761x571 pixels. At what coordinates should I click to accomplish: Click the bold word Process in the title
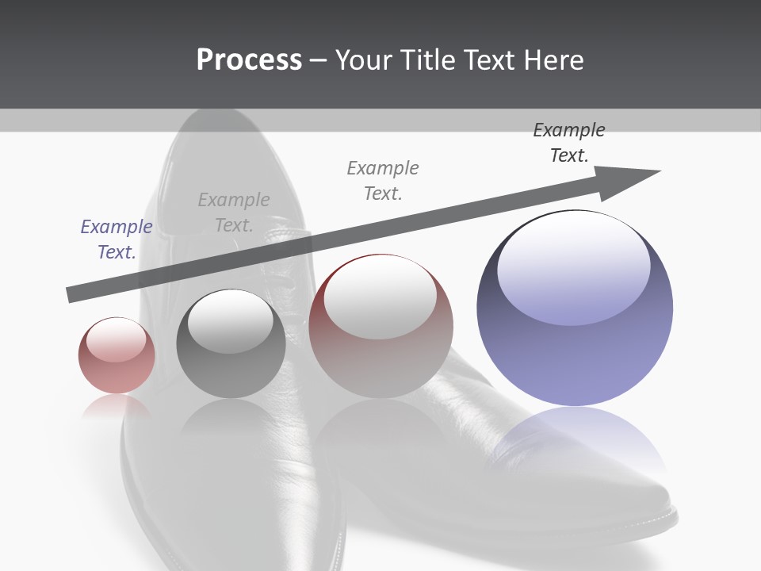(x=249, y=60)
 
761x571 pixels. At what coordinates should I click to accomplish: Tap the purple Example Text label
(x=117, y=239)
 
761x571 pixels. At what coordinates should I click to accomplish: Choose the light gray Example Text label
(x=234, y=212)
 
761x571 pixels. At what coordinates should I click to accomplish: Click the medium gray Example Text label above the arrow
(x=383, y=180)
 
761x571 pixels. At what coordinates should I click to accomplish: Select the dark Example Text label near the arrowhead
(x=569, y=142)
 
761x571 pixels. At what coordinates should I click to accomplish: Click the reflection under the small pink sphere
(x=117, y=406)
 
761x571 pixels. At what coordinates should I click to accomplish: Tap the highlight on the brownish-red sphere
(x=380, y=297)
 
